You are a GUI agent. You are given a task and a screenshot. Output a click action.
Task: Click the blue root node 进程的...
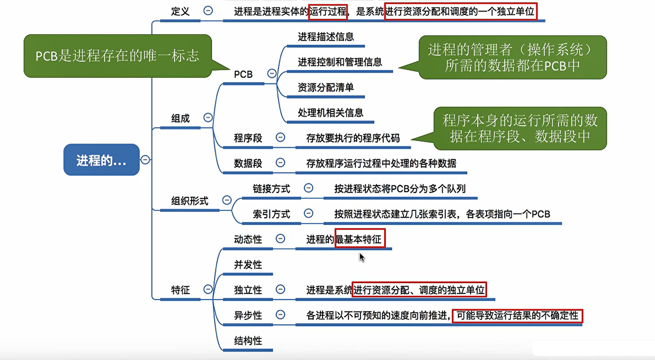coord(101,160)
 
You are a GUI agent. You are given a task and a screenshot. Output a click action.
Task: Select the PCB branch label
coord(243,74)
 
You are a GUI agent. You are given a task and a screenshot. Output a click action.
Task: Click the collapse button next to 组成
coord(208,118)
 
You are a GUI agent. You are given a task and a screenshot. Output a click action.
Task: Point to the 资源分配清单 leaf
coord(325,87)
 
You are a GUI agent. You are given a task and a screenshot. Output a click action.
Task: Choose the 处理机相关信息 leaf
coord(330,113)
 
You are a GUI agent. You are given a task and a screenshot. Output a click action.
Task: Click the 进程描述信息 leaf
coord(326,37)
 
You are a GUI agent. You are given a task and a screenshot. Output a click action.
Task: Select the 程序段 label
coord(248,138)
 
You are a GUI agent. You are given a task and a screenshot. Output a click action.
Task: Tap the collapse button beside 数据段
coord(280,163)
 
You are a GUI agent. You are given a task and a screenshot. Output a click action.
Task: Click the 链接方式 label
coord(271,189)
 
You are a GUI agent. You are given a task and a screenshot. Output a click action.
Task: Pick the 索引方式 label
coord(271,214)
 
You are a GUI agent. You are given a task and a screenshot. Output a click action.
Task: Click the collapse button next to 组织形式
coord(227,200)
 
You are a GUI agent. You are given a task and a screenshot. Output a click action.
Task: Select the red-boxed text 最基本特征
coord(360,239)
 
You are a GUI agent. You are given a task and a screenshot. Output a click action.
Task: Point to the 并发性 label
coord(248,265)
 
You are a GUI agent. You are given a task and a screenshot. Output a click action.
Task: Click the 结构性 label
coord(248,341)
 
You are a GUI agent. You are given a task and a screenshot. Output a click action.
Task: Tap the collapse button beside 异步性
coord(280,315)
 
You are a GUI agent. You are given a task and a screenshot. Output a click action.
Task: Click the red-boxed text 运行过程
coord(328,12)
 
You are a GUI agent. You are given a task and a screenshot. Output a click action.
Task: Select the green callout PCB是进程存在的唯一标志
coord(117,56)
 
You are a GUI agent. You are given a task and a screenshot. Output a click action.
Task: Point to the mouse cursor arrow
coord(361,257)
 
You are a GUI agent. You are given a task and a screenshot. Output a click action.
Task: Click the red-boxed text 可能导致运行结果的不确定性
coord(517,316)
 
